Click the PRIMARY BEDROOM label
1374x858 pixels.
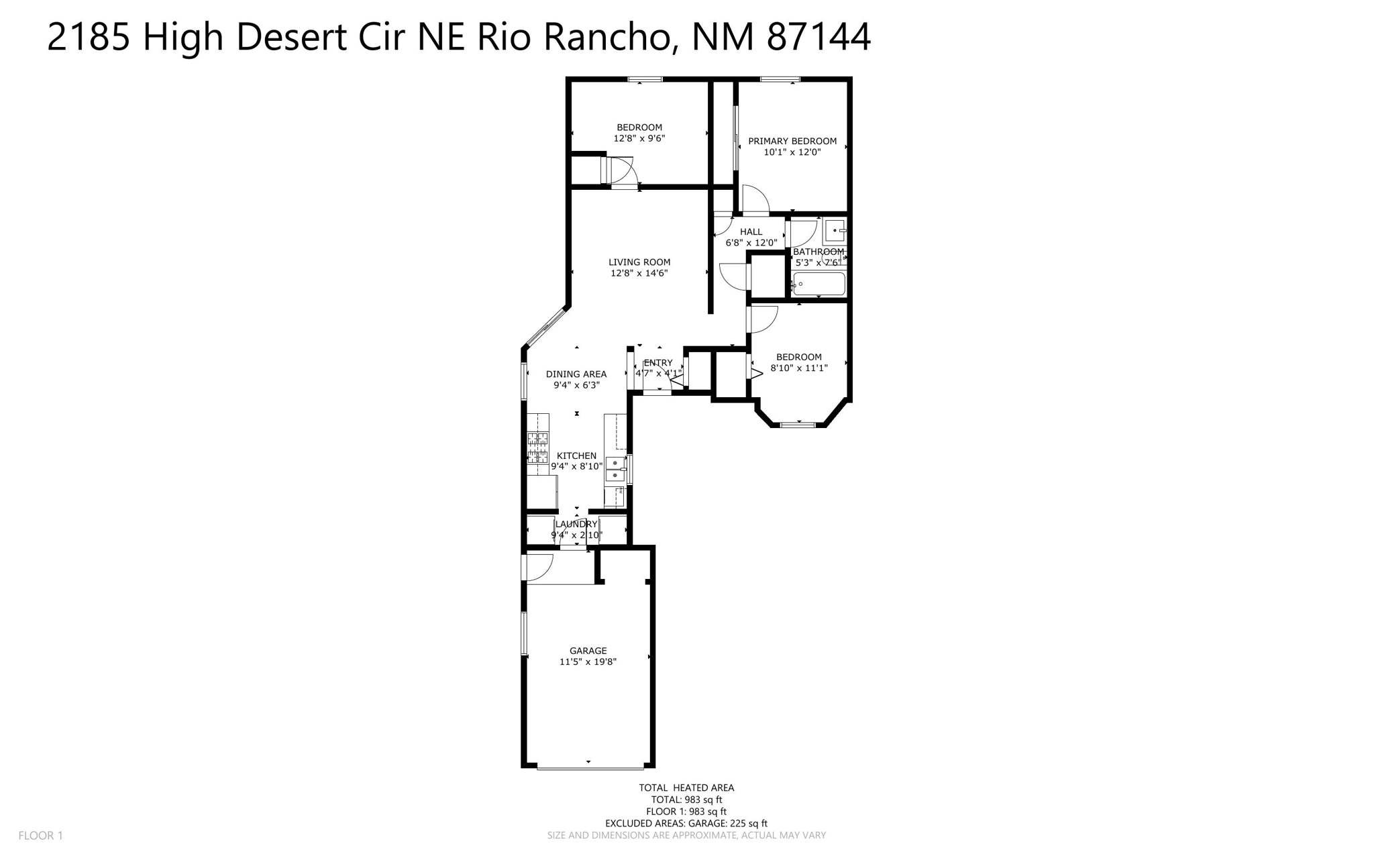click(x=792, y=141)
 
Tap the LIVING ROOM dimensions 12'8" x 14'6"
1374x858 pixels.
click(x=639, y=273)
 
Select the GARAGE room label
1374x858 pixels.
click(x=588, y=651)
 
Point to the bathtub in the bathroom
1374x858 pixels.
click(x=818, y=284)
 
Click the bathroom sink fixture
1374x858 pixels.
click(x=835, y=231)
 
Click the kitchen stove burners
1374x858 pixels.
click(x=537, y=448)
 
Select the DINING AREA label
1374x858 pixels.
click(x=576, y=374)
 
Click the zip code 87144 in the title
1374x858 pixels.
click(x=818, y=37)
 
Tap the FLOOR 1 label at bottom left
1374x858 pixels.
click(x=40, y=835)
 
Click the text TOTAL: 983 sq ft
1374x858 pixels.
click(x=686, y=800)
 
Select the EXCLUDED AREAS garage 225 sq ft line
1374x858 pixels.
click(x=686, y=823)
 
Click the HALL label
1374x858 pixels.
click(x=751, y=231)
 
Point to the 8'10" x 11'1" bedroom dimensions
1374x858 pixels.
click(x=798, y=368)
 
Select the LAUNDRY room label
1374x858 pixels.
click(x=576, y=524)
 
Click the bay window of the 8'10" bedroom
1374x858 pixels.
click(x=798, y=424)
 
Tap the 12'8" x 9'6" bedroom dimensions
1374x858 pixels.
click(x=639, y=138)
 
